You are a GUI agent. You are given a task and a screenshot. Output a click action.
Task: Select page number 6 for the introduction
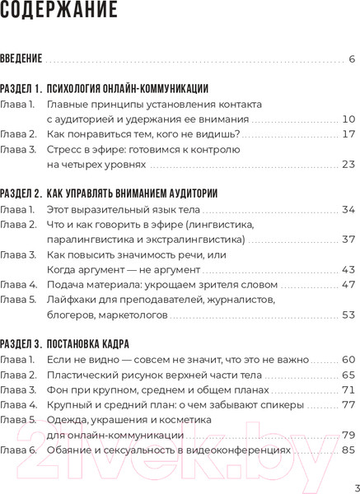point(352,59)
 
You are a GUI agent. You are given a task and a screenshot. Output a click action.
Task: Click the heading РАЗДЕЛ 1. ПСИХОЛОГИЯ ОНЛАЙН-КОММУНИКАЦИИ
point(104,89)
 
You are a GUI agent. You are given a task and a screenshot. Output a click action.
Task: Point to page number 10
point(348,119)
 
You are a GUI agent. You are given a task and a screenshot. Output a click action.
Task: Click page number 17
point(348,134)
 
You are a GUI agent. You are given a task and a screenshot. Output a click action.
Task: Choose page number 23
point(348,165)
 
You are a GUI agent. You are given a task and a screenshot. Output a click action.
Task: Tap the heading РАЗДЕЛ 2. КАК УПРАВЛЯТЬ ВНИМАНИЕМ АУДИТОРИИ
point(109,194)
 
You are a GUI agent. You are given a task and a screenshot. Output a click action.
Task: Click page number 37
point(348,240)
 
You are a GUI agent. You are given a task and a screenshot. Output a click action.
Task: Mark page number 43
point(348,269)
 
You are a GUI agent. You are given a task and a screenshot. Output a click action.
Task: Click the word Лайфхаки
point(71,300)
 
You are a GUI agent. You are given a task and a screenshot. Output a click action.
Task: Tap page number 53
point(348,315)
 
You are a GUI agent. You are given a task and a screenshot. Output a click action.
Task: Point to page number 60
point(348,360)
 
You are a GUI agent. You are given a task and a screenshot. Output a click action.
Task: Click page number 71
point(348,389)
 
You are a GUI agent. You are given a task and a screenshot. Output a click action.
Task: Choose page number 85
point(348,450)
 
